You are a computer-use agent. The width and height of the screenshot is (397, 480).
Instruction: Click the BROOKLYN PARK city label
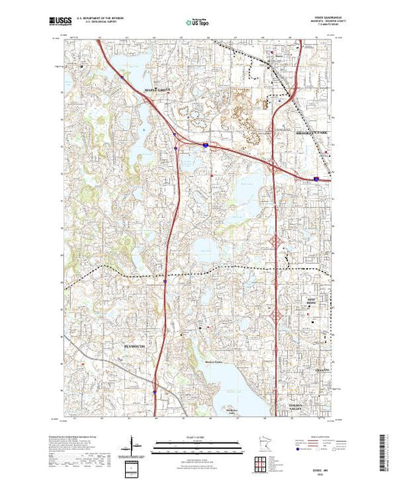tap(311, 133)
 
